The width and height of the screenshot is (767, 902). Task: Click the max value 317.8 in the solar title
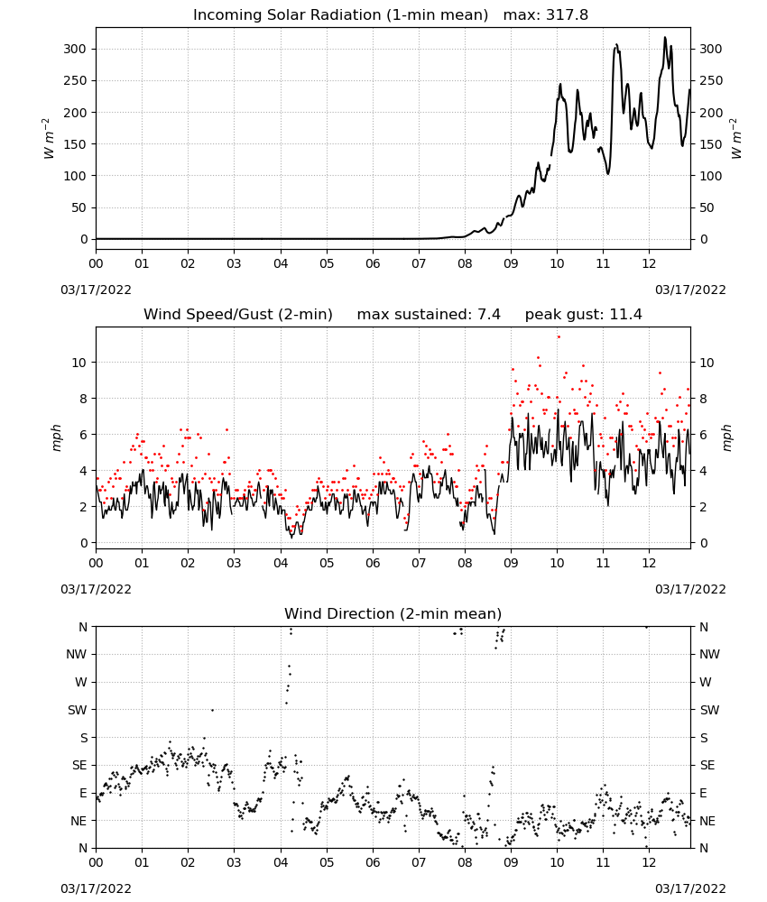pyautogui.click(x=567, y=15)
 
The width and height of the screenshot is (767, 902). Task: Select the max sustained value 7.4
pyautogui.click(x=489, y=315)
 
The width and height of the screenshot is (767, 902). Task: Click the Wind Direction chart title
pyautogui.click(x=393, y=613)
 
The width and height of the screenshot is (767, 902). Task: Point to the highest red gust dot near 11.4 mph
pyautogui.click(x=559, y=337)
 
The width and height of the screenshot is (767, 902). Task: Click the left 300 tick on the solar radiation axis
pyautogui.click(x=75, y=49)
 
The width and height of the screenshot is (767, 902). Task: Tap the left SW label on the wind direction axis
pyautogui.click(x=77, y=710)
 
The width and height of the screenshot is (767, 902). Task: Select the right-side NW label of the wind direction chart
pyautogui.click(x=709, y=654)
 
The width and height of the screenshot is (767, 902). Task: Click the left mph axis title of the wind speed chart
pyautogui.click(x=56, y=437)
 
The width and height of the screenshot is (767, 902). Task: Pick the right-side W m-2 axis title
pyautogui.click(x=736, y=138)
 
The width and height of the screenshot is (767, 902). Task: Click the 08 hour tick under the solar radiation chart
pyautogui.click(x=465, y=263)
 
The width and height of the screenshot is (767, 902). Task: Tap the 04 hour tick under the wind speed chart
pyautogui.click(x=281, y=563)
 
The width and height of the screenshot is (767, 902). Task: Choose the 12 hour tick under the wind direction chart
pyautogui.click(x=649, y=862)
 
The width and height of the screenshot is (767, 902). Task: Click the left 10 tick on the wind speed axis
pyautogui.click(x=79, y=363)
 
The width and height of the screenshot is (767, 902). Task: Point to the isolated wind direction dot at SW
pyautogui.click(x=212, y=710)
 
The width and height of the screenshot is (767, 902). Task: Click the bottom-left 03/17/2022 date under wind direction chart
pyautogui.click(x=96, y=888)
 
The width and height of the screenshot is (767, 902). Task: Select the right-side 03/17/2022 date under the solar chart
pyautogui.click(x=690, y=290)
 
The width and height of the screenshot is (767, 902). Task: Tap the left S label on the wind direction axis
pyautogui.click(x=83, y=738)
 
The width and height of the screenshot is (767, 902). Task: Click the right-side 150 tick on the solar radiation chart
pyautogui.click(x=711, y=143)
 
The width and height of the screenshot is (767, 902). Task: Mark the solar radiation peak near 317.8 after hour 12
pyautogui.click(x=665, y=37)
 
